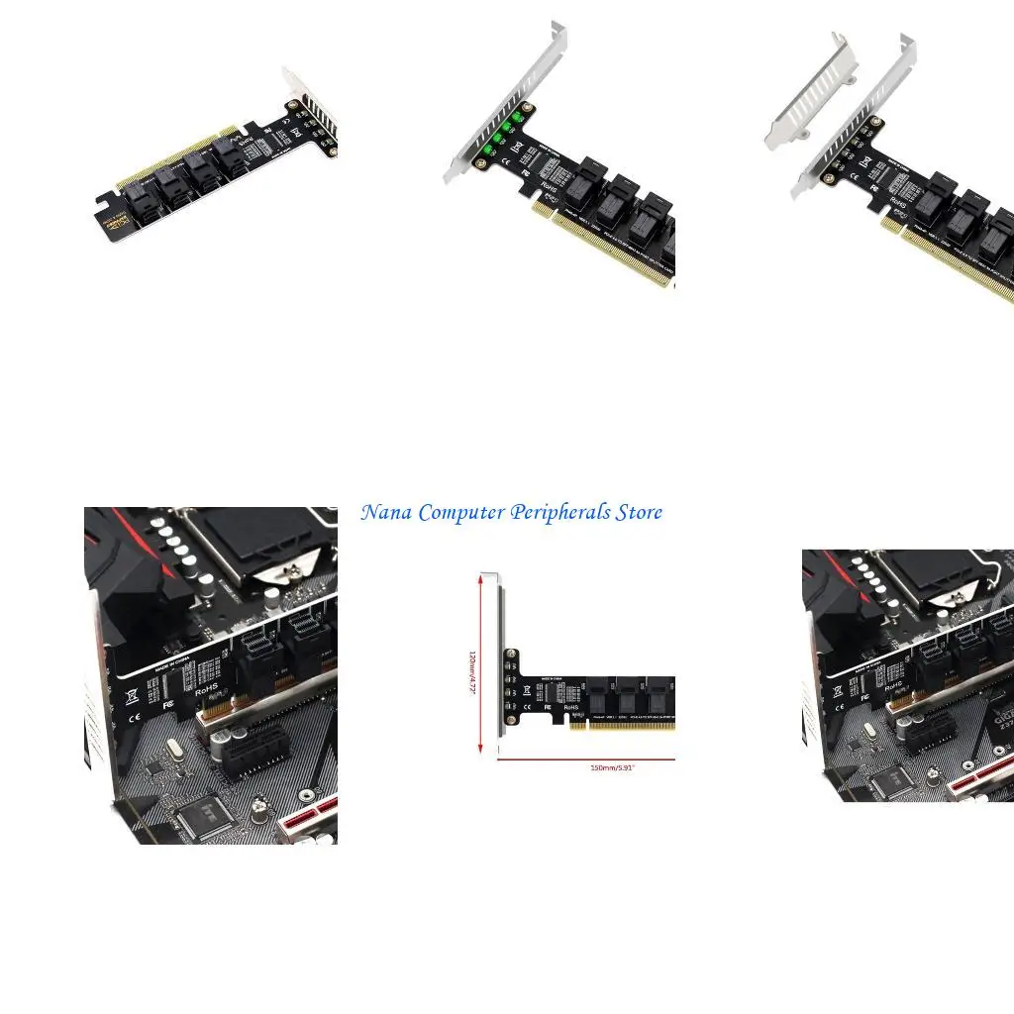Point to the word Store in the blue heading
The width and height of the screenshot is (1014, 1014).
click(x=639, y=513)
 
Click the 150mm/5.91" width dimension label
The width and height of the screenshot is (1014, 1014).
click(x=611, y=767)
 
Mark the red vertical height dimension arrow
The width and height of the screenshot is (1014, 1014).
click(x=482, y=663)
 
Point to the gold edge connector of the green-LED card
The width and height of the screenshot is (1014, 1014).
click(x=604, y=248)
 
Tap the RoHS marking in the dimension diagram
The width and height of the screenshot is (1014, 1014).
click(x=571, y=708)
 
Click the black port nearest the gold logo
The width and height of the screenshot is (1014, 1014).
click(x=139, y=197)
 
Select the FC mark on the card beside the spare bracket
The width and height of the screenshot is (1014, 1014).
click(x=874, y=186)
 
